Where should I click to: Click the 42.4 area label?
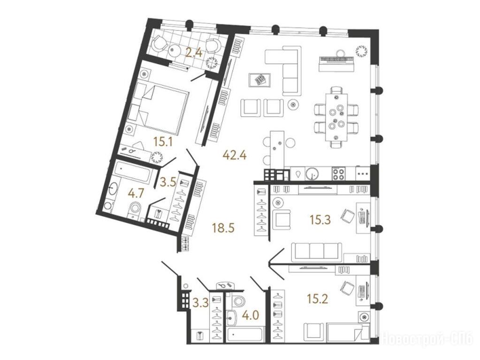coord(235,155)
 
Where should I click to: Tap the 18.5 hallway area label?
coord(224,228)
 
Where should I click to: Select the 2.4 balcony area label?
coord(194,53)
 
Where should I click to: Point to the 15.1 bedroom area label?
coord(163,142)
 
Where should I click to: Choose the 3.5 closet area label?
coord(168,182)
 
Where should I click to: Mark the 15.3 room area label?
coord(320,219)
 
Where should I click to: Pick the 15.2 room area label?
coord(318,298)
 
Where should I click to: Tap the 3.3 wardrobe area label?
coord(200,303)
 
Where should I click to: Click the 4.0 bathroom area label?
coord(251,315)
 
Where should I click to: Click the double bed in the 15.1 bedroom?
coord(159,109)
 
